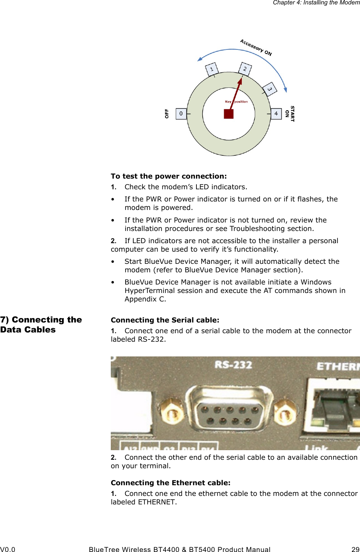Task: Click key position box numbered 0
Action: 181,114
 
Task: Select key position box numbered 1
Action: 212,69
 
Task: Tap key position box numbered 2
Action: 245,69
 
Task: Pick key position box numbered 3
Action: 270,89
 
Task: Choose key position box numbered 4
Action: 276,114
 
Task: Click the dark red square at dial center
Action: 229,114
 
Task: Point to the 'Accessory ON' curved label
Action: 256,48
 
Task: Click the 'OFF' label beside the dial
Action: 167,114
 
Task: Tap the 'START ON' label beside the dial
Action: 290,114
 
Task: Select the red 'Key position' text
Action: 236,101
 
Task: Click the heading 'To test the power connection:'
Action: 169,176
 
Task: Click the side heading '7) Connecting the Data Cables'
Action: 41,325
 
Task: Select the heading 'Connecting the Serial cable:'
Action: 165,320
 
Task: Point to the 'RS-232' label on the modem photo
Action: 233,365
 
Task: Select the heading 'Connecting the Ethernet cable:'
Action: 171,483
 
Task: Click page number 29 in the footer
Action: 355,549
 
